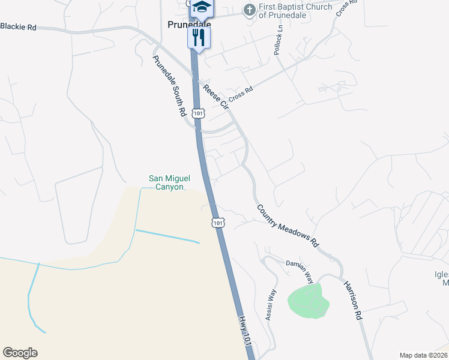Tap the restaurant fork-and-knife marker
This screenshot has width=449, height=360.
(199, 38)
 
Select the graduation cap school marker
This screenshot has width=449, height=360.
(202, 8)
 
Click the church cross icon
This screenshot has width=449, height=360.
(249, 10)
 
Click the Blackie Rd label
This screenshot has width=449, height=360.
(18, 26)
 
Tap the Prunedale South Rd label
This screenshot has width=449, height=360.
(169, 86)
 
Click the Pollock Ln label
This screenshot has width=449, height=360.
(278, 41)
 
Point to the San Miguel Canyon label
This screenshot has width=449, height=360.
(166, 182)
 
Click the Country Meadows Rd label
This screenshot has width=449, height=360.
(287, 226)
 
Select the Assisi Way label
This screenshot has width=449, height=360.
(271, 305)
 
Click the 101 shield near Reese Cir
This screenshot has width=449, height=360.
(199, 112)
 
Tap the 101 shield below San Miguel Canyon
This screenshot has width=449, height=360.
(218, 223)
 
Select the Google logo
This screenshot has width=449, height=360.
(20, 353)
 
